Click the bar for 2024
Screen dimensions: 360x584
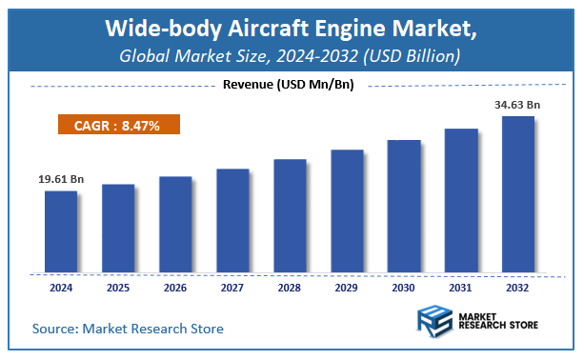coord(61,230)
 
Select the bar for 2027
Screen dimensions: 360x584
coord(232,219)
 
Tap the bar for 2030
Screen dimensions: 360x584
coord(404,205)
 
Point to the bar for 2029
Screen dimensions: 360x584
coord(347,210)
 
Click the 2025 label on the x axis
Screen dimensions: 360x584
coord(118,285)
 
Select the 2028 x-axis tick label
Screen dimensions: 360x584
coord(290,285)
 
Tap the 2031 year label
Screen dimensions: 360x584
coord(461,285)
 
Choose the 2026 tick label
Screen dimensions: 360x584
coord(175,285)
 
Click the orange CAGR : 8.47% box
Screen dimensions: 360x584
coord(118,124)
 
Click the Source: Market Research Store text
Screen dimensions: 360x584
coord(128,329)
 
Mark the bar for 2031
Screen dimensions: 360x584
coord(461,199)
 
